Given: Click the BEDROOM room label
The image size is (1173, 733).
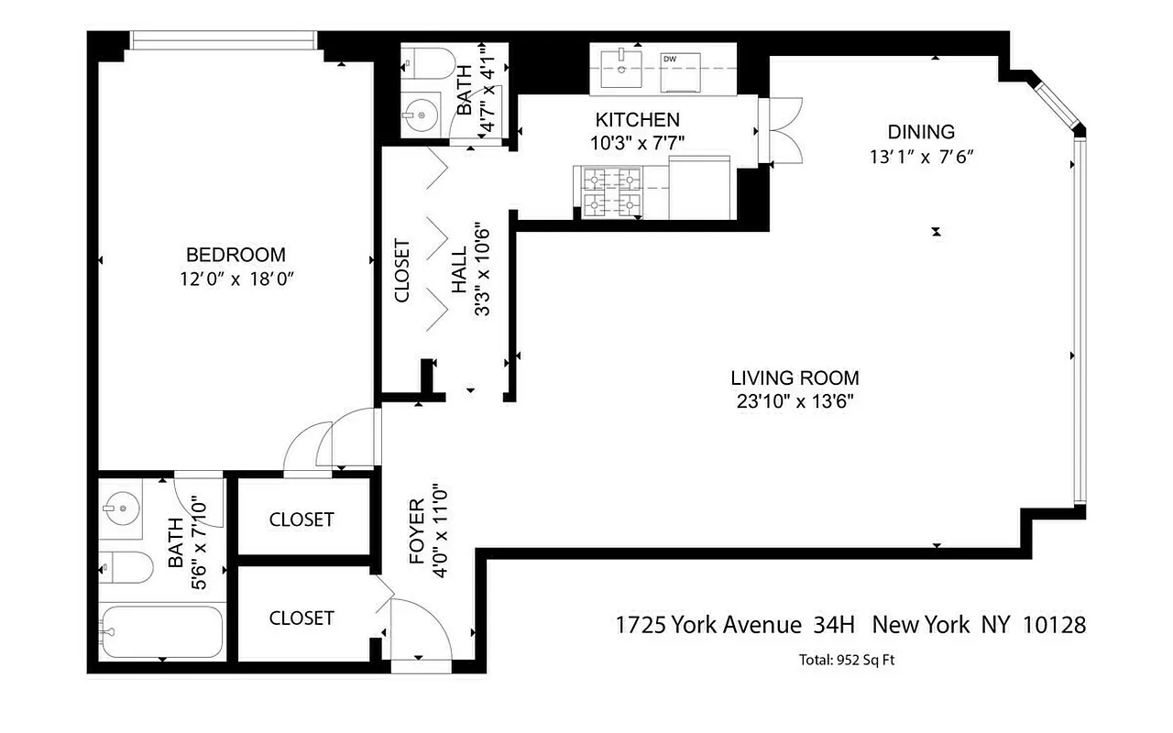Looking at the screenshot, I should click(236, 255).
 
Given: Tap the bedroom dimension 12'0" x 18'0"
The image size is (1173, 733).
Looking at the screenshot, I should click(236, 279).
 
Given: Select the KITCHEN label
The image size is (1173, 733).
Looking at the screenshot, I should click(637, 120).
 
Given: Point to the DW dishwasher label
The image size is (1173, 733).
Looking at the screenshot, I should click(671, 60).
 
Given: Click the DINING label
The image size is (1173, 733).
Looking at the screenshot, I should click(920, 132).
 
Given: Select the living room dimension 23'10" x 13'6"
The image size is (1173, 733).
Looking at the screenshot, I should click(795, 400).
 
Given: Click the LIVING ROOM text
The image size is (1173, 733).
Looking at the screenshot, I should click(795, 377).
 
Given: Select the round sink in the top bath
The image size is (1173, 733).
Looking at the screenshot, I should click(421, 115).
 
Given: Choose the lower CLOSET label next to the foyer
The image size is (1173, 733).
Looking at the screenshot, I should click(301, 618).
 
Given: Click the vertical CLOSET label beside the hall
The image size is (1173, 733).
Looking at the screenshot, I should click(401, 271).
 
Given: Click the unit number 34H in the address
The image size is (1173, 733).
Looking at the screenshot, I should click(834, 626).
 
